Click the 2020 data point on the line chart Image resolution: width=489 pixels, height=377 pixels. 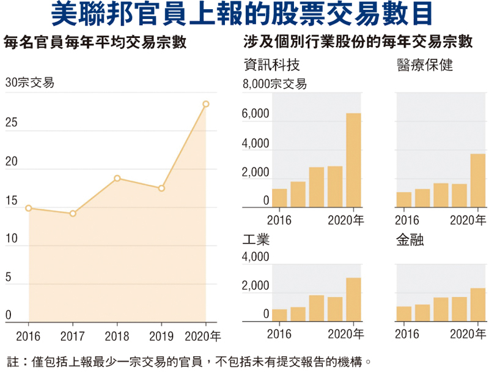coord(206,104)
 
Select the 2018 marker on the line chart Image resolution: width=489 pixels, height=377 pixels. coord(117,178)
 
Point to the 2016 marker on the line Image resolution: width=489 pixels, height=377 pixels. coord(28,208)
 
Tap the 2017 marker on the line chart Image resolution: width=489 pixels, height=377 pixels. coord(73,214)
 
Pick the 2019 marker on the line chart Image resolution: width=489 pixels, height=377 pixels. coord(161,188)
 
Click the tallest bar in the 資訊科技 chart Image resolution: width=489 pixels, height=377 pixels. coord(353,160)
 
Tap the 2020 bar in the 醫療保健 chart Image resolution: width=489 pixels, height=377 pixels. coord(478,181)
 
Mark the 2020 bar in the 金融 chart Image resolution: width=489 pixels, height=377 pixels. coord(478,305)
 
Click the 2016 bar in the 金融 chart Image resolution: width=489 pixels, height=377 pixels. coord(403,314)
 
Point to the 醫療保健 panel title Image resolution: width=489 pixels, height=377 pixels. coord(425,65)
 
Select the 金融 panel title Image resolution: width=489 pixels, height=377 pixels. coord(410,239)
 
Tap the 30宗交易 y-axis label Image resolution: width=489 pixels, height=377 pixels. coord(29,83)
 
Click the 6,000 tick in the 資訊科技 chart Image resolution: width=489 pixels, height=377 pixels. coord(256,114)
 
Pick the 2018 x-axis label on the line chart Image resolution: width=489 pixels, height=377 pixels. coord(117,335)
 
